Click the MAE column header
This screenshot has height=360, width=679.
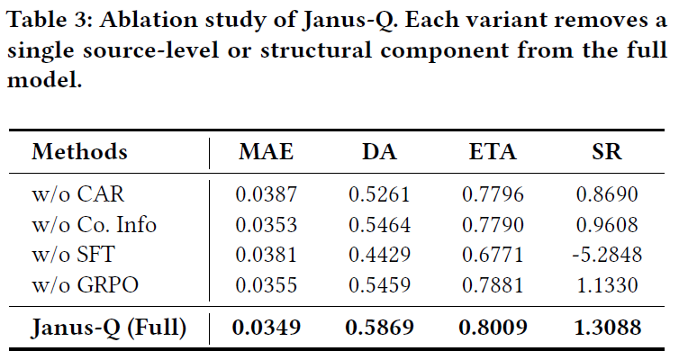point(266,151)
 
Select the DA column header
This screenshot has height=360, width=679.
point(379,151)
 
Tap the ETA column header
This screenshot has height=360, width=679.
point(493,151)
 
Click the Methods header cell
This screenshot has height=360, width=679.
point(79,151)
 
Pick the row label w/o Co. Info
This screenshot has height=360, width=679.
point(94,224)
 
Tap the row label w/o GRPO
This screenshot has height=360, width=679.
point(82,286)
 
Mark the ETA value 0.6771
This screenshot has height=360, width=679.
point(493,255)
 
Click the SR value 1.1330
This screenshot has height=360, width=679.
point(607,286)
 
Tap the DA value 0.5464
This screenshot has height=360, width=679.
point(379,224)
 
